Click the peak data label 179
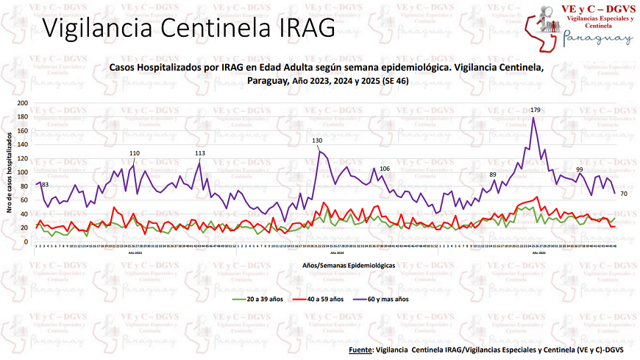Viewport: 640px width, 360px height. point(536,110)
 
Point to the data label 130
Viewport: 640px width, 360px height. point(317,140)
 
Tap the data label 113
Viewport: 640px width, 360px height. point(200,153)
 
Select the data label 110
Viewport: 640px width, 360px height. point(135,153)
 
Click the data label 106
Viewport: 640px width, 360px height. point(385,169)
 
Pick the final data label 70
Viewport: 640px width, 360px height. point(623,194)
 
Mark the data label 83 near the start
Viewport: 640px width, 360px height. point(45,184)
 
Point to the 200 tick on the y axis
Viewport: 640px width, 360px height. point(22,104)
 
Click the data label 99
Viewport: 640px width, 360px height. point(580,169)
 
